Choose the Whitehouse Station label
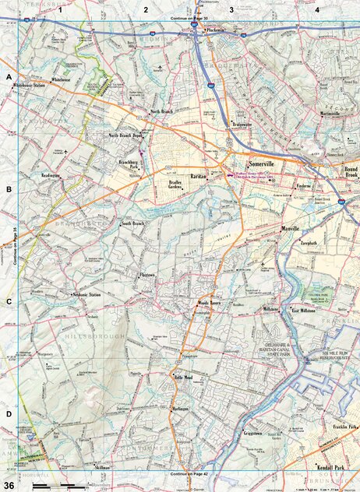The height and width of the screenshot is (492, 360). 28,85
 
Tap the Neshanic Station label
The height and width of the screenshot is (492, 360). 86,295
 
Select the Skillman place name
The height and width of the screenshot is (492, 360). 102,466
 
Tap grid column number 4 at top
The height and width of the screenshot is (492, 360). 316,10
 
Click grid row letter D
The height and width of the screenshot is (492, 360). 9,413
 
